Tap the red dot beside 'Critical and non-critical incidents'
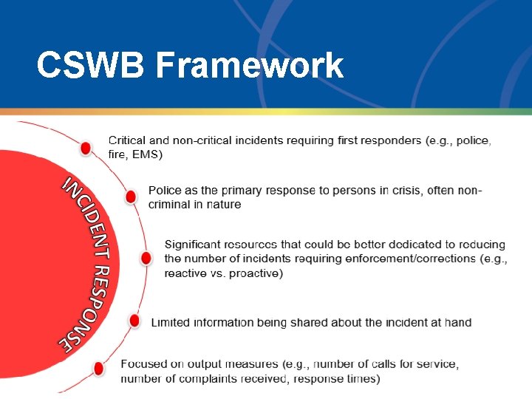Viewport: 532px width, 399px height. coord(86,148)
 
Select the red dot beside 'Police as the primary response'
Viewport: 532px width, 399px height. coord(131,197)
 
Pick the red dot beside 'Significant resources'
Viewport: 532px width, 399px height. coord(146,258)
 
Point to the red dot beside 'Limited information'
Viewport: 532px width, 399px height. coord(134,321)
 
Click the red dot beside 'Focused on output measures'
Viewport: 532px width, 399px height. coord(99,368)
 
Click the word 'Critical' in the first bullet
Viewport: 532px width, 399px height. coord(128,140)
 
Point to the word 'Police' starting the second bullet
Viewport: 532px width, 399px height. coord(165,191)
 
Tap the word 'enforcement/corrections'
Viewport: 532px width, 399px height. coord(413,259)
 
